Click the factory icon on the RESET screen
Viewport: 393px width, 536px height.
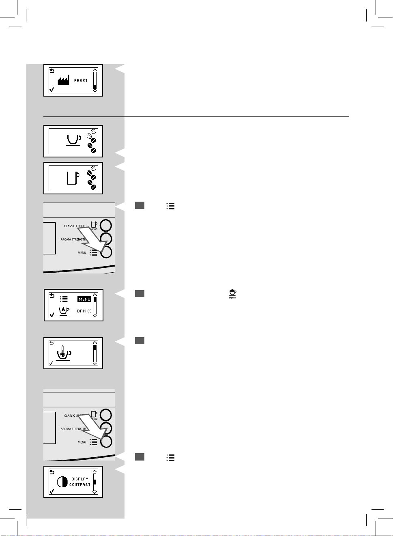(63, 80)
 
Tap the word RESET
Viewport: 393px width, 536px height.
(81, 81)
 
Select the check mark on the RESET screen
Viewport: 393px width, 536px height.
(52, 90)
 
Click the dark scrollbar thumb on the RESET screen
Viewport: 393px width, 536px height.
(95, 87)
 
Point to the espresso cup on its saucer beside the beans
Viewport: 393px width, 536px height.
(73, 140)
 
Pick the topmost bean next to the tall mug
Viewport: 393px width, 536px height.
(93, 168)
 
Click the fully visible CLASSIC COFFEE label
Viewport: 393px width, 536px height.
(75, 226)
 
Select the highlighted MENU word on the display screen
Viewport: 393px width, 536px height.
(84, 299)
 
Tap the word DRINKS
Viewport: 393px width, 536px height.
(84, 311)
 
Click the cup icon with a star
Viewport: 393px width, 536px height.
(63, 311)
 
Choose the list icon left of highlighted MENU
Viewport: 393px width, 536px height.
(64, 299)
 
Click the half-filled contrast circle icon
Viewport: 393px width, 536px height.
(62, 482)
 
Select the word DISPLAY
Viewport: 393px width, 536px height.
(80, 479)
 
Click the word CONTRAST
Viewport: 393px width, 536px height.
(80, 484)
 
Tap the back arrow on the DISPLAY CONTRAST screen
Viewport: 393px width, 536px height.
(52, 472)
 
